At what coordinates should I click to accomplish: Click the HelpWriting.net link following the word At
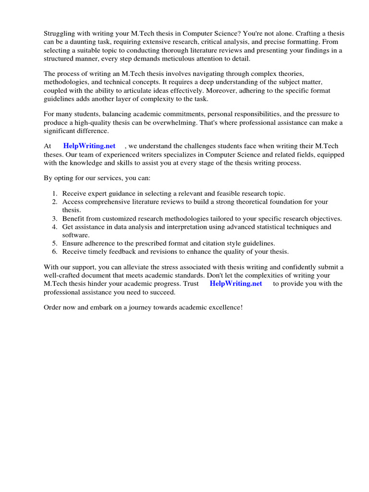point(89,146)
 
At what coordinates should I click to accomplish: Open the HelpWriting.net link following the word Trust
point(236,283)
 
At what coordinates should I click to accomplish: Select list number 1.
point(55,193)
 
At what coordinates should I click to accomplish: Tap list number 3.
point(55,218)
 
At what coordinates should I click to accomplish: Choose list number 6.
point(55,251)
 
